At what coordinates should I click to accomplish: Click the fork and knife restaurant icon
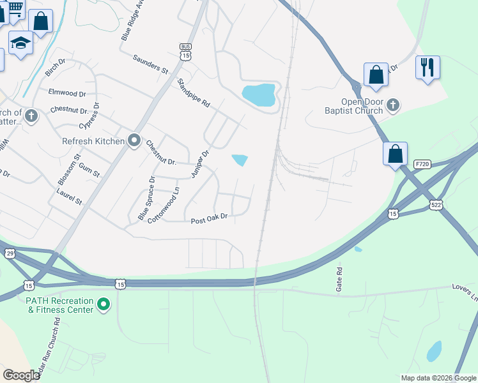click(x=427, y=67)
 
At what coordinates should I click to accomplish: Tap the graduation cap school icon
click(x=20, y=43)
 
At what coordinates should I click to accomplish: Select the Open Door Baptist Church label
click(x=353, y=106)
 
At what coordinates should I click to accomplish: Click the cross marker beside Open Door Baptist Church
click(x=393, y=105)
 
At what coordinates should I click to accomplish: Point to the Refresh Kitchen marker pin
click(x=134, y=140)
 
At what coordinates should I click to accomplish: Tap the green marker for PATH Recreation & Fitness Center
click(x=104, y=304)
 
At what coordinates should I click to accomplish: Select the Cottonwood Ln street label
click(x=163, y=209)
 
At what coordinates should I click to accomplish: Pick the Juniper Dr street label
click(x=200, y=164)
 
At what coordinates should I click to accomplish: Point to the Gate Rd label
click(x=339, y=280)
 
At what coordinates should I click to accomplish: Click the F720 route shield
click(x=422, y=165)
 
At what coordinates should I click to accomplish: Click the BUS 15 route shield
click(x=186, y=52)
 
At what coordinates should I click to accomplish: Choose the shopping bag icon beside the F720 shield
click(x=396, y=154)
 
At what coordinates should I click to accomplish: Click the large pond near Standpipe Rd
click(x=259, y=95)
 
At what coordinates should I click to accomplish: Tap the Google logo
click(x=22, y=375)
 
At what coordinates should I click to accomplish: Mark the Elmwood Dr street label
click(x=67, y=93)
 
